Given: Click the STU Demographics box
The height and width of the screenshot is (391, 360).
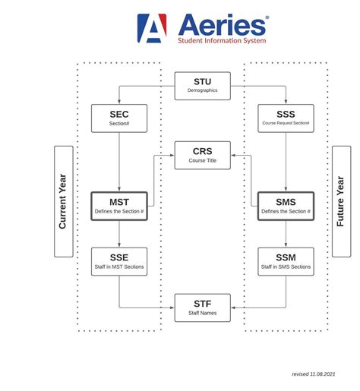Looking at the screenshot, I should pyautogui.click(x=202, y=85).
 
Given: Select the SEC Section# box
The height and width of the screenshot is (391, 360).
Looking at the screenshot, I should pyautogui.click(x=119, y=118).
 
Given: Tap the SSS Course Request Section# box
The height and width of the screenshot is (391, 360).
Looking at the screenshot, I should pyautogui.click(x=286, y=118).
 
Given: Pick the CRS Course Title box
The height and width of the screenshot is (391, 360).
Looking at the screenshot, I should pyautogui.click(x=202, y=155).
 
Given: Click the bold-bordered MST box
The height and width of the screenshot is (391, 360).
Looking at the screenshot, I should pyautogui.click(x=119, y=206).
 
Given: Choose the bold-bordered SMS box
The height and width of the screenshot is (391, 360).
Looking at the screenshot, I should pyautogui.click(x=286, y=206).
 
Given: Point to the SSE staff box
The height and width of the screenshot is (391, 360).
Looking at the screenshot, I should pyautogui.click(x=119, y=261).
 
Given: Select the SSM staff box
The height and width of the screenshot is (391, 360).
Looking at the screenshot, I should pyautogui.click(x=286, y=261).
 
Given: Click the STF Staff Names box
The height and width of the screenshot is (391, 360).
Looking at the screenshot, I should pyautogui.click(x=202, y=307).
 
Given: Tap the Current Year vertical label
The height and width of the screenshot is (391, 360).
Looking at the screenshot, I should pyautogui.click(x=64, y=201).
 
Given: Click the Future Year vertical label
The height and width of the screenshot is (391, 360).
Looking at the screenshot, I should pyautogui.click(x=341, y=201).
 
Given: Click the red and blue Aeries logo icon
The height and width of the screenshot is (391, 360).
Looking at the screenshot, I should pyautogui.click(x=152, y=28).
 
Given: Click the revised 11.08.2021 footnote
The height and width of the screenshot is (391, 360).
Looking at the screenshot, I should pyautogui.click(x=313, y=374).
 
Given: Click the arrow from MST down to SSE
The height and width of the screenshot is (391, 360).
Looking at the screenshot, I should pyautogui.click(x=119, y=234).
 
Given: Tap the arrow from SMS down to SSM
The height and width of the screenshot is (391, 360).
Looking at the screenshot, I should pyautogui.click(x=286, y=234).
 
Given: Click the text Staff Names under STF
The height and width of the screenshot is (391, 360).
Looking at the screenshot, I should pyautogui.click(x=202, y=313).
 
